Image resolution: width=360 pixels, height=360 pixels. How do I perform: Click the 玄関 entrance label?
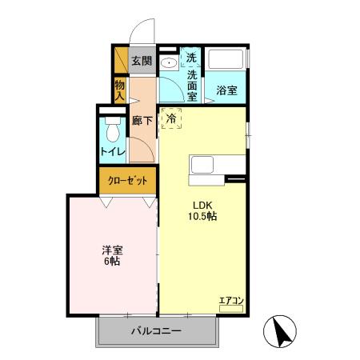tap(141, 61)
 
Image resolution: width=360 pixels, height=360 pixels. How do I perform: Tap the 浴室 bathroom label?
tap(226, 91)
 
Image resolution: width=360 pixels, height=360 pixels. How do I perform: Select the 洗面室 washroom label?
tap(192, 86)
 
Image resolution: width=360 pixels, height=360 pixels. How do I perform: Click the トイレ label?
tap(111, 150)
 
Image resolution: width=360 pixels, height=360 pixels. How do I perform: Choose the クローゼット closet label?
tap(127, 180)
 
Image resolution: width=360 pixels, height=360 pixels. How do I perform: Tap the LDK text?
tap(202, 203)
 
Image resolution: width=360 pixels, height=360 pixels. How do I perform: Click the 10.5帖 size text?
tap(202, 216)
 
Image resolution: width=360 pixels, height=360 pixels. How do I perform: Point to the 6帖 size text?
tap(110, 262)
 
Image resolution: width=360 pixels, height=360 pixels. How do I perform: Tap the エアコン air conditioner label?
tap(230, 301)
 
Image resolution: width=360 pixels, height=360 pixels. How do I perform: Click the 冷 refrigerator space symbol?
tap(171, 118)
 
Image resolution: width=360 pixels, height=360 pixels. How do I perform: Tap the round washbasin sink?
tap(170, 64)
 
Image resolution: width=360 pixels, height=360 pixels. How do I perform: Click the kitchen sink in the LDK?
tap(202, 165)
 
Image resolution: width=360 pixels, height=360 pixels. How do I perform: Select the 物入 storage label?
tap(119, 89)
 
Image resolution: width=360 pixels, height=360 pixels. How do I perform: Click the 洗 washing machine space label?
tap(191, 58)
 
